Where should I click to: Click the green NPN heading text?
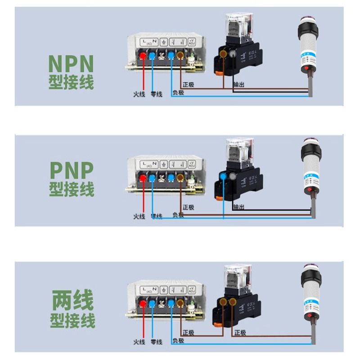[x=71, y=64]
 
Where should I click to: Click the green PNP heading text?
[x=71, y=171]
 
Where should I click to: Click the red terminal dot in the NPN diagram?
[x=144, y=55]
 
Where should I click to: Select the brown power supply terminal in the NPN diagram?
[x=181, y=55]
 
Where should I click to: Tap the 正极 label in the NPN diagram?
[x=189, y=85]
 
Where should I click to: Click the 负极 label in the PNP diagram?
[x=178, y=215]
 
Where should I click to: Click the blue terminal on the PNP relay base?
[x=224, y=176]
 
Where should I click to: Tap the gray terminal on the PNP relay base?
[x=233, y=176]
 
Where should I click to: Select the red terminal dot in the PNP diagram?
[x=144, y=178]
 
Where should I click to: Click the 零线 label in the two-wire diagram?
[x=157, y=342]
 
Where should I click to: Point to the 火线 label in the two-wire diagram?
[x=139, y=342]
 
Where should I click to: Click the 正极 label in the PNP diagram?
[x=189, y=207]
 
